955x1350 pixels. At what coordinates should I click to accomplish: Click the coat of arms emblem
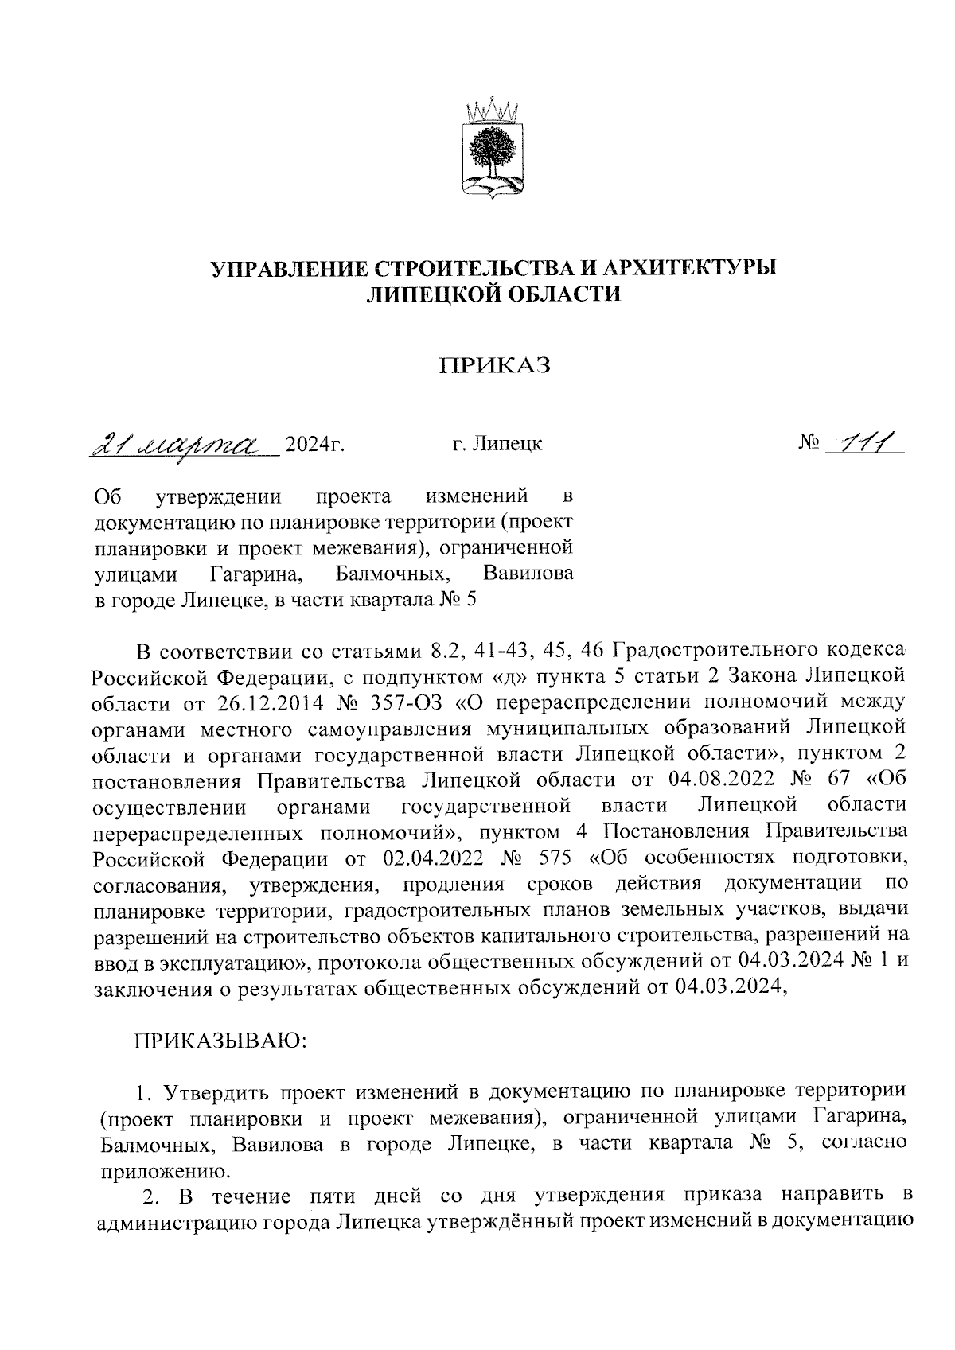[x=491, y=152]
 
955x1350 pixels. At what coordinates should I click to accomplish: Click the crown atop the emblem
[x=491, y=111]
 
